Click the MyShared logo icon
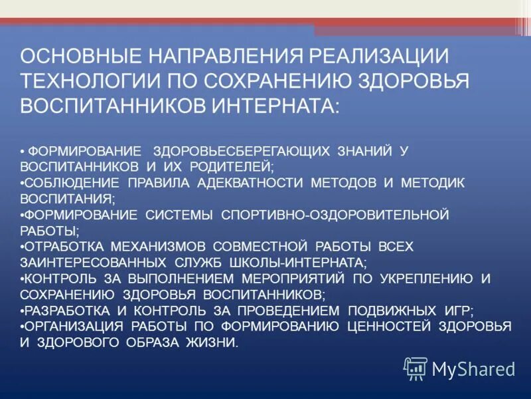click(416, 367)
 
